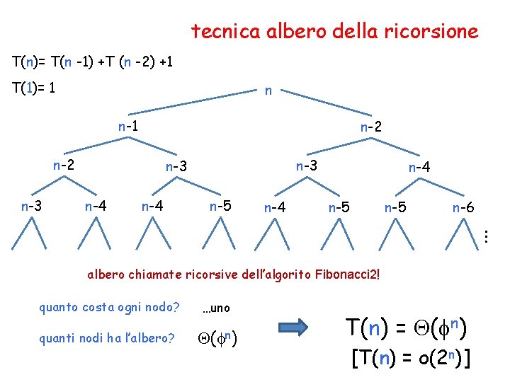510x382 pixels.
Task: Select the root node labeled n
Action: point(268,91)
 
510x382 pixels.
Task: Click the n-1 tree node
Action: point(128,127)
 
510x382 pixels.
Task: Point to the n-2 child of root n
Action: point(371,128)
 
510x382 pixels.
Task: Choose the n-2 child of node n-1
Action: point(64,166)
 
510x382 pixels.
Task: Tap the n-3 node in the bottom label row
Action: point(31,207)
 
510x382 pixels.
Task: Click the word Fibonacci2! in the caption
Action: point(345,273)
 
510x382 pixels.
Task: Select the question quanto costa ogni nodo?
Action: point(109,308)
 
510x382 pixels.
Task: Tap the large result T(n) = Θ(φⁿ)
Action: point(407,328)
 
